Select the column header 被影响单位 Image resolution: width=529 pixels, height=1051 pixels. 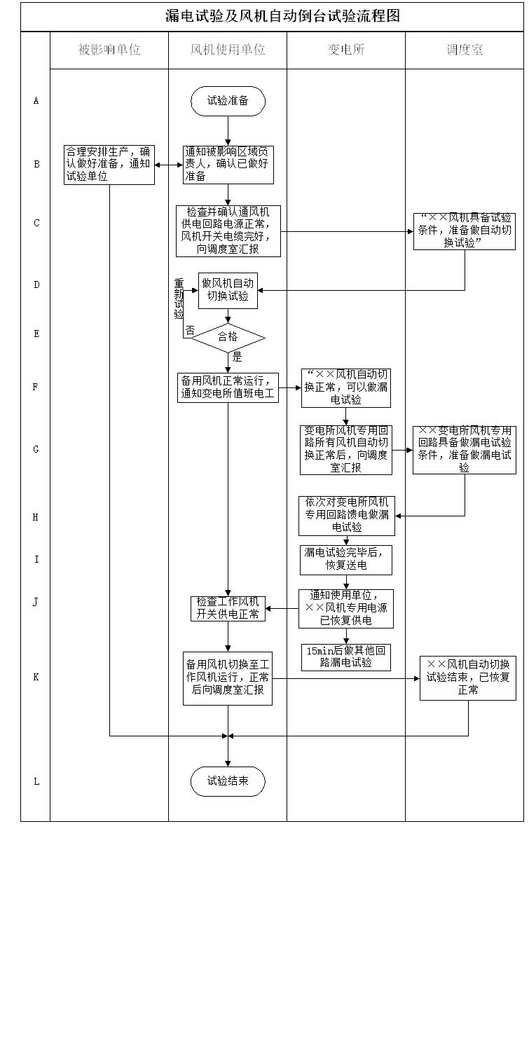[109, 50]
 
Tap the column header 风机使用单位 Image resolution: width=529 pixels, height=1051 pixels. [228, 50]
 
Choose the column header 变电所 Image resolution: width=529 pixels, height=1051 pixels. [346, 50]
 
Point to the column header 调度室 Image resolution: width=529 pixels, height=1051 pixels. [465, 50]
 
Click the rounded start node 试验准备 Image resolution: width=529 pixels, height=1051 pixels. [228, 101]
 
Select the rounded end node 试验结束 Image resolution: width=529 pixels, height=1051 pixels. [228, 781]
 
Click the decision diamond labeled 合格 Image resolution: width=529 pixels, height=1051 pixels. [228, 337]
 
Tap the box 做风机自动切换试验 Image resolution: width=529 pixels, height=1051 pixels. [228, 290]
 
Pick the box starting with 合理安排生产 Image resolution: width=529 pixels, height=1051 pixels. [109, 165]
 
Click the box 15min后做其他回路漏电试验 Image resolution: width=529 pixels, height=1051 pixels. [345, 657]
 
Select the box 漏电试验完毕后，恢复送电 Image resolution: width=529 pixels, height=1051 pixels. [345, 559]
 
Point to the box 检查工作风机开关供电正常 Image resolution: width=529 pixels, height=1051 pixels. [228, 608]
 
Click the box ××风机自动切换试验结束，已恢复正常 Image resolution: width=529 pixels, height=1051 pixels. [468, 678]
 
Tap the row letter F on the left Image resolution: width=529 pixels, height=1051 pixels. [36, 387]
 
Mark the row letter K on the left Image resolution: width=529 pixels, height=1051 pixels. [36, 678]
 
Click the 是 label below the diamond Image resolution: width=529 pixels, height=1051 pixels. [237, 357]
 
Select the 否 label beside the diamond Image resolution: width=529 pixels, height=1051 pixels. [190, 331]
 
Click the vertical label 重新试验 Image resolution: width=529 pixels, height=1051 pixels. [179, 299]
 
